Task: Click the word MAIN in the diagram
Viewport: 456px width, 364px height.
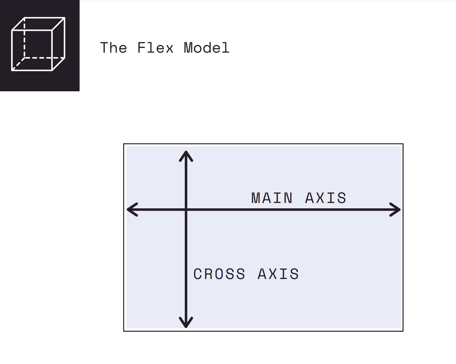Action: [x=272, y=198]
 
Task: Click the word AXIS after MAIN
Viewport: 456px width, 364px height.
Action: [x=326, y=198]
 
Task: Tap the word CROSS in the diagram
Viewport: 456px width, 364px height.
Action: [x=219, y=274]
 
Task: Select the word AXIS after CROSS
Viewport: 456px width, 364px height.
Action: [x=278, y=274]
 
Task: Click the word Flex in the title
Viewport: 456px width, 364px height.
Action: [x=155, y=48]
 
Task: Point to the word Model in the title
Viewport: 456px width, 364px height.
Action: [x=206, y=48]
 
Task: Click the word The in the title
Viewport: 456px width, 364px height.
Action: [x=114, y=48]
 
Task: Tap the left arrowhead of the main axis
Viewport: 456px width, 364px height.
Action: [x=131, y=210]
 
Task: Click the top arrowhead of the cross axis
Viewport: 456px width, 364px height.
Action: [x=186, y=155]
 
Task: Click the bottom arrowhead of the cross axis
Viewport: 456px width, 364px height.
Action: [x=186, y=323]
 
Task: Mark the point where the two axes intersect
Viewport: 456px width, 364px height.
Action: [x=186, y=210]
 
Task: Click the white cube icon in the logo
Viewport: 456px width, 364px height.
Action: [x=38, y=44]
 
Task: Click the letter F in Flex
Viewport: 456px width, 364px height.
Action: [x=141, y=48]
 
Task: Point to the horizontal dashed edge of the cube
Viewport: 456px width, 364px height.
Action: [x=44, y=57]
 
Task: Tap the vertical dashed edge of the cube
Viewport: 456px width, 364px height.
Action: [x=24, y=37]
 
